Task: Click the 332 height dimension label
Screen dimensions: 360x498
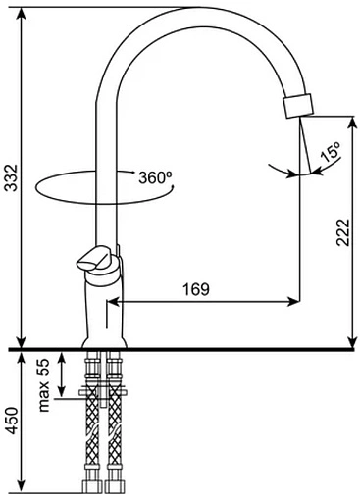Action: point(12,177)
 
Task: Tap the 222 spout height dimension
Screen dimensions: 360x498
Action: point(343,232)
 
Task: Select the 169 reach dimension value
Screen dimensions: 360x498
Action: point(196,289)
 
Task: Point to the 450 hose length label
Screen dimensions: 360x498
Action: point(12,421)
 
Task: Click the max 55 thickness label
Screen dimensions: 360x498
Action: point(43,385)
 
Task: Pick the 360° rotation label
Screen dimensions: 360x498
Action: point(155,177)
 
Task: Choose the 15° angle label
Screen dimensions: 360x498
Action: point(331,152)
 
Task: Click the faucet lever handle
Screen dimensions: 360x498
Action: point(95,259)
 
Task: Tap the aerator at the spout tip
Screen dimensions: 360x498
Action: point(298,106)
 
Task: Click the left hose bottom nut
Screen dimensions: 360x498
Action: point(92,486)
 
